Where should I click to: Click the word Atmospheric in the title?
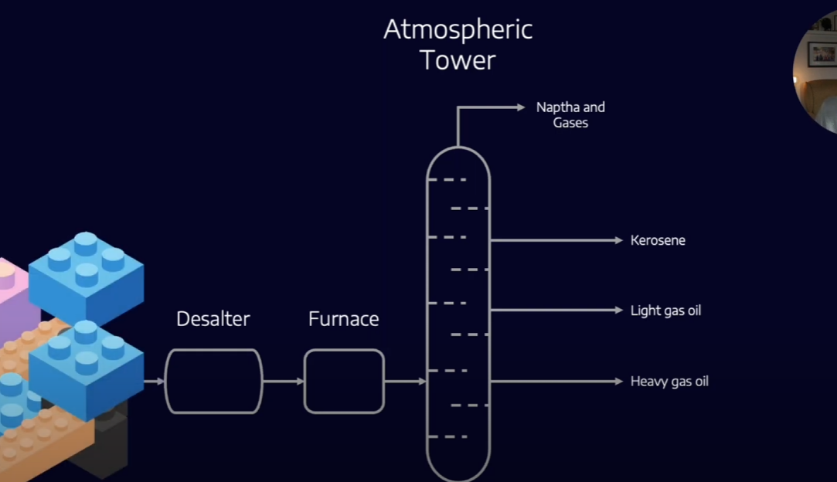(458, 29)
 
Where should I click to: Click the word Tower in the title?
(458, 60)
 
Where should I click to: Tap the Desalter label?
(213, 318)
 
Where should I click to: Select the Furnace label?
(343, 318)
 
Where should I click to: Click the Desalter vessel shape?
(213, 381)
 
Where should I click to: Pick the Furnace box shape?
(344, 381)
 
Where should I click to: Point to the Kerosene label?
(658, 240)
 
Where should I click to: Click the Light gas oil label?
(665, 311)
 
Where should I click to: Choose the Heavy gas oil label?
(669, 381)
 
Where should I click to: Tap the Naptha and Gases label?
(570, 115)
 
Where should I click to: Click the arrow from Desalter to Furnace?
(284, 381)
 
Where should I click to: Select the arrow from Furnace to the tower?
(405, 381)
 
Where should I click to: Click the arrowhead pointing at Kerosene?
(618, 240)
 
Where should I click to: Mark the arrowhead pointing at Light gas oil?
(618, 311)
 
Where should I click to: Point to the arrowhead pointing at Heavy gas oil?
(618, 381)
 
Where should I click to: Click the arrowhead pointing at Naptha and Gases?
(521, 107)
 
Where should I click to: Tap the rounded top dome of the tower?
(458, 158)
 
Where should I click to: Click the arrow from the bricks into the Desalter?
(155, 381)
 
